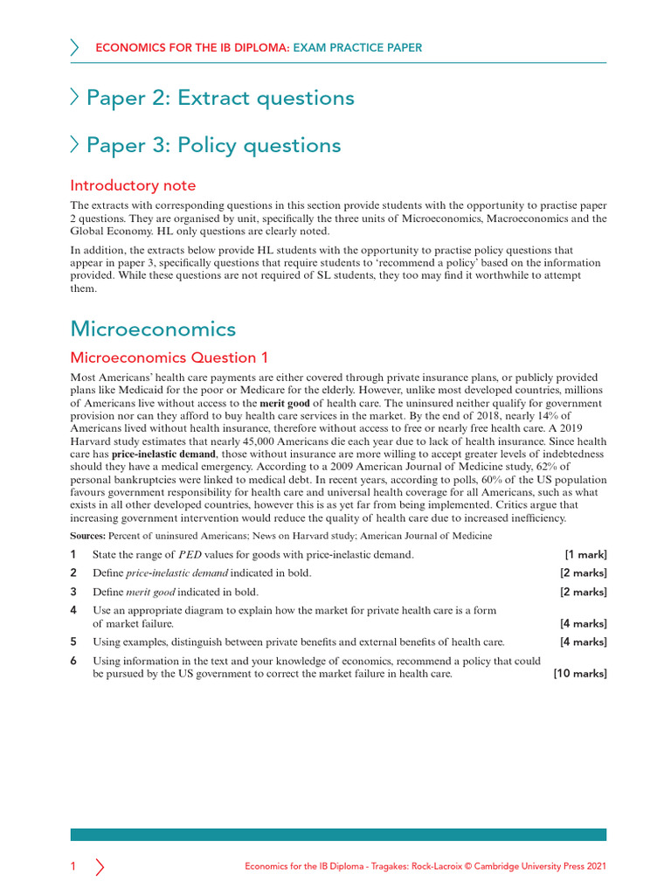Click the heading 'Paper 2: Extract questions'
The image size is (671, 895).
pos(220,98)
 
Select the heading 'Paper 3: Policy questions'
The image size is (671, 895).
pos(213,145)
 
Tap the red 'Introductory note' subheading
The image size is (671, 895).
pos(133,185)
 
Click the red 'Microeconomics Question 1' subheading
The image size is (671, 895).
pos(169,357)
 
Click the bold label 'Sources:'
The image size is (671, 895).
pos(88,535)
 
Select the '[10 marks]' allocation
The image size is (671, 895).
pos(580,674)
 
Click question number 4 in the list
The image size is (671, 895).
pos(73,609)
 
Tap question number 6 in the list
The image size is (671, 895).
pos(73,661)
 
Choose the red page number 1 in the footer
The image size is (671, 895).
pos(73,866)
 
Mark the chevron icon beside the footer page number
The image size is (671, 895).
pos(100,866)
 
